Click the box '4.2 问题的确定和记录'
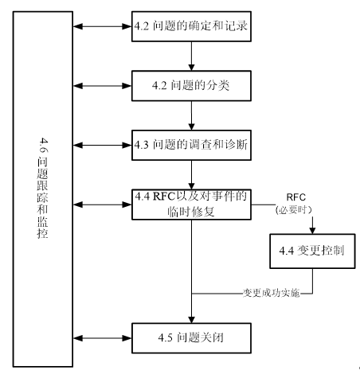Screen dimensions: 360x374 click(x=191, y=26)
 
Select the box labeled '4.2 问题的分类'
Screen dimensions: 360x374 click(x=191, y=86)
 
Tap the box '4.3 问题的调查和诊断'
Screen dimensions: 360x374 click(x=191, y=145)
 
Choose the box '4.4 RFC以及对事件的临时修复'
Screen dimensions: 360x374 click(x=191, y=205)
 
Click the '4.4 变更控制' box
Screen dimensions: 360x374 click(x=312, y=251)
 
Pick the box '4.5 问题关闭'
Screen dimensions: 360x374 click(x=191, y=338)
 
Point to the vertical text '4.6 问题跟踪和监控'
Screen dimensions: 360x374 click(x=42, y=188)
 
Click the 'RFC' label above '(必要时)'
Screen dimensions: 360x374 click(x=295, y=197)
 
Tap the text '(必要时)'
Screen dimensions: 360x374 click(x=294, y=210)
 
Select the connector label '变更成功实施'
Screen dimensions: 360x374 click(x=271, y=293)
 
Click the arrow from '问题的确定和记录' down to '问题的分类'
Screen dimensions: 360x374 click(x=191, y=56)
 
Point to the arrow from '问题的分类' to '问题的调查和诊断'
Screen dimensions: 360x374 click(x=191, y=115)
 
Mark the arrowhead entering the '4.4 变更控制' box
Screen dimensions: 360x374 click(x=312, y=230)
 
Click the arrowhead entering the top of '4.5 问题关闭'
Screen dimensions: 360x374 click(x=191, y=319)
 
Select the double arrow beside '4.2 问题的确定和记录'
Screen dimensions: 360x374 click(x=102, y=26)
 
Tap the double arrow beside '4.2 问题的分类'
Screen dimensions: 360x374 click(x=102, y=86)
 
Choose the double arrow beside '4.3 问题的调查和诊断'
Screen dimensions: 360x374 click(x=102, y=145)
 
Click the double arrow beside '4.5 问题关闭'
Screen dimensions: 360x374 click(x=102, y=338)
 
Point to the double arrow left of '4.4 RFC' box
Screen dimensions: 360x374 click(x=102, y=205)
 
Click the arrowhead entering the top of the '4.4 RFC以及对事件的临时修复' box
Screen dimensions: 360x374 click(x=191, y=186)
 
